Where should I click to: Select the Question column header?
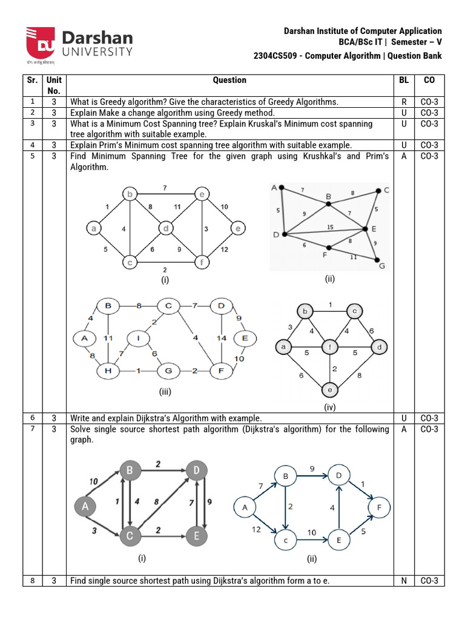click(229, 80)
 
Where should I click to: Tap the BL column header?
click(404, 80)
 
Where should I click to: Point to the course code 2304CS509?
click(277, 56)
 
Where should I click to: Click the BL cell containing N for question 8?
click(404, 581)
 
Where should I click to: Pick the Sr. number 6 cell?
click(33, 418)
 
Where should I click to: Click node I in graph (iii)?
click(139, 338)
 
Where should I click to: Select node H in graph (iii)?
click(109, 370)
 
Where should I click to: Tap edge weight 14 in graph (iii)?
click(221, 337)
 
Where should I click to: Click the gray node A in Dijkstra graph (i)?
click(86, 506)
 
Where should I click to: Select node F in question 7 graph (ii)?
click(379, 507)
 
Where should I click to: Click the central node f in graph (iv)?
click(331, 348)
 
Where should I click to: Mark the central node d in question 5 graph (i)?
click(166, 228)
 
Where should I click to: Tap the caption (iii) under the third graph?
click(165, 392)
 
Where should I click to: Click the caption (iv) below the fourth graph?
click(329, 407)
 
